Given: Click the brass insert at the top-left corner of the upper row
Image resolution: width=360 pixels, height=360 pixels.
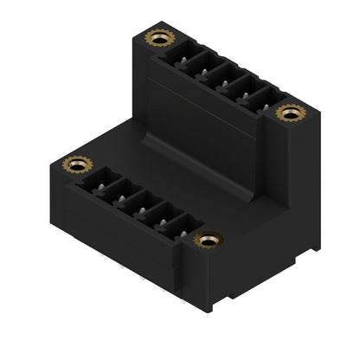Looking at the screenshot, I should pos(160,37).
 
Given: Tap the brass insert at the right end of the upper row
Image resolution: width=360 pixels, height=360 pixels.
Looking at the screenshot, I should pos(290,112).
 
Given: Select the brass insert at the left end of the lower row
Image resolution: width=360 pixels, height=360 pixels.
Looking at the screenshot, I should pos(78,164).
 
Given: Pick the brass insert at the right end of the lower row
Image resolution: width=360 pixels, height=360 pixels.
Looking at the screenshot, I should pos(208,240).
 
